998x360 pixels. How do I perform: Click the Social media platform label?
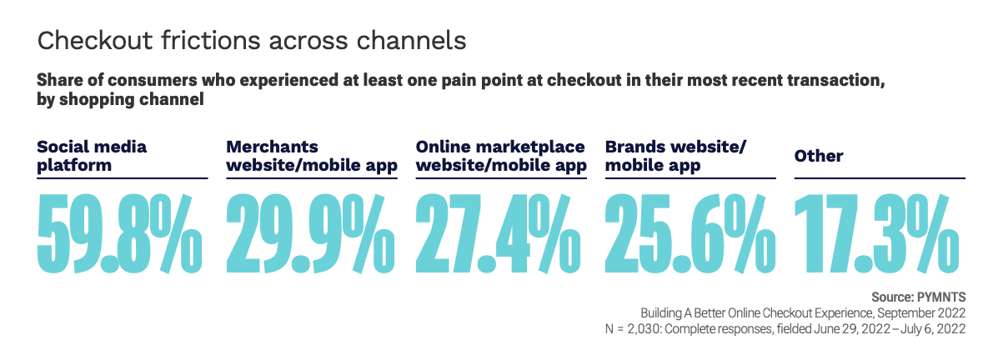(92, 156)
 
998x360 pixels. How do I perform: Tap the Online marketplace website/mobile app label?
(500, 156)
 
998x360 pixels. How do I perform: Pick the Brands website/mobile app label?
(675, 156)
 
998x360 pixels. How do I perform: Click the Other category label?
(819, 156)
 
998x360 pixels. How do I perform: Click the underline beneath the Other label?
(880, 178)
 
